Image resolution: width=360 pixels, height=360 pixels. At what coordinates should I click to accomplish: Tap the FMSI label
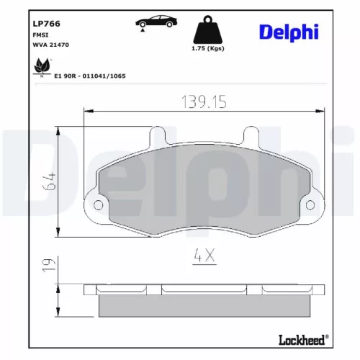[x=41, y=35]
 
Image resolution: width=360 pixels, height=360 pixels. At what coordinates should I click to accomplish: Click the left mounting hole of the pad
[x=97, y=206]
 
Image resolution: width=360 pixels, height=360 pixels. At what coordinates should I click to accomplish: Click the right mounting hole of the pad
[x=310, y=206]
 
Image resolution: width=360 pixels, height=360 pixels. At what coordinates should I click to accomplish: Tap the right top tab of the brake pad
[x=251, y=136]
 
